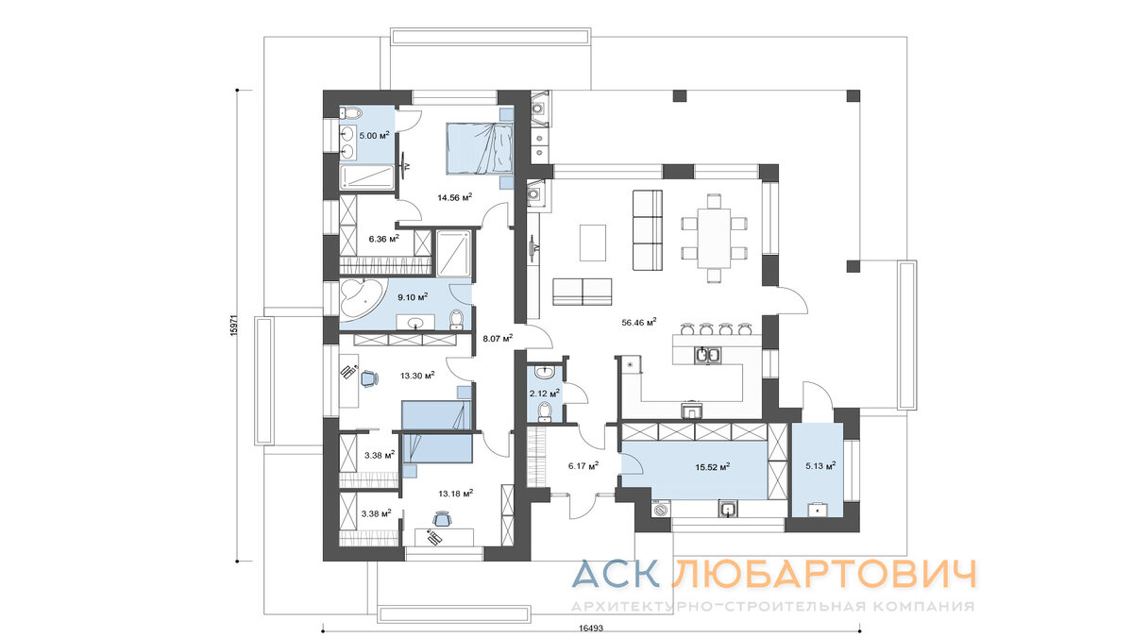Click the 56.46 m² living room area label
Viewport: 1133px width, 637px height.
[x=639, y=322]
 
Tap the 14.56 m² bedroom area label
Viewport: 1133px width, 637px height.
[x=454, y=197]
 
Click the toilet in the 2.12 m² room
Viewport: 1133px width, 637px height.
[x=543, y=410]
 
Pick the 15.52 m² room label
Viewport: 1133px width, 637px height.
[x=714, y=465]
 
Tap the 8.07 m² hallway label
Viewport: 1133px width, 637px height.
[x=497, y=338]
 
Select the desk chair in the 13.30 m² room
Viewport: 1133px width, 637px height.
[x=367, y=377]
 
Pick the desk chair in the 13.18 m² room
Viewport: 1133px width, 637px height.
[x=442, y=518]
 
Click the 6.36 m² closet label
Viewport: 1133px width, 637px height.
[x=383, y=239]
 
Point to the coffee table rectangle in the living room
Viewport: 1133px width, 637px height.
[x=593, y=242]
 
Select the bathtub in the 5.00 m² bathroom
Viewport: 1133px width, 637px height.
[x=364, y=176]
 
